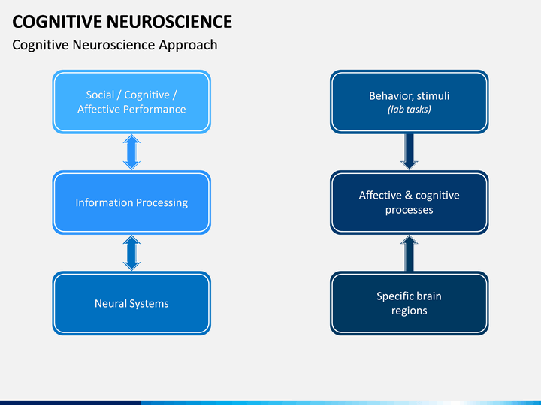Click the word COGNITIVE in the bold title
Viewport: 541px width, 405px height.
point(57,21)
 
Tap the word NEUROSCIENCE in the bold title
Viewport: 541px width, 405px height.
point(169,21)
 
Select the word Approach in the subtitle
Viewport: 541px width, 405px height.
point(188,46)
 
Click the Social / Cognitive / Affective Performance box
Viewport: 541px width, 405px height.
point(131,102)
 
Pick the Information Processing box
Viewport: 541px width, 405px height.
point(131,202)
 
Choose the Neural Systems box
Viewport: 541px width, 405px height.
point(131,303)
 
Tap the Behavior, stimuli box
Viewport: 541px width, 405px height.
point(410,102)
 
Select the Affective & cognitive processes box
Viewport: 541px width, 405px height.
point(410,202)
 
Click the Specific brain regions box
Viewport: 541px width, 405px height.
point(410,303)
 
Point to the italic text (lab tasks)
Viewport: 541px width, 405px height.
point(410,109)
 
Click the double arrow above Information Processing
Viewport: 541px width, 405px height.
point(131,151)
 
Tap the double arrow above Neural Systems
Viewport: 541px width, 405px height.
point(131,253)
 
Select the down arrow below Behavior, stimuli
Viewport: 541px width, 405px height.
point(410,151)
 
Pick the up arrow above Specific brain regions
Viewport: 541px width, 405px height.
point(410,253)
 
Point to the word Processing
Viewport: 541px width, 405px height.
point(162,202)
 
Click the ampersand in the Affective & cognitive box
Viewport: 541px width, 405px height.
point(409,195)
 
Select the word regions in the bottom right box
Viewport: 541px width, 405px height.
point(410,310)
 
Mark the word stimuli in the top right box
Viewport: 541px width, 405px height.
point(433,95)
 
